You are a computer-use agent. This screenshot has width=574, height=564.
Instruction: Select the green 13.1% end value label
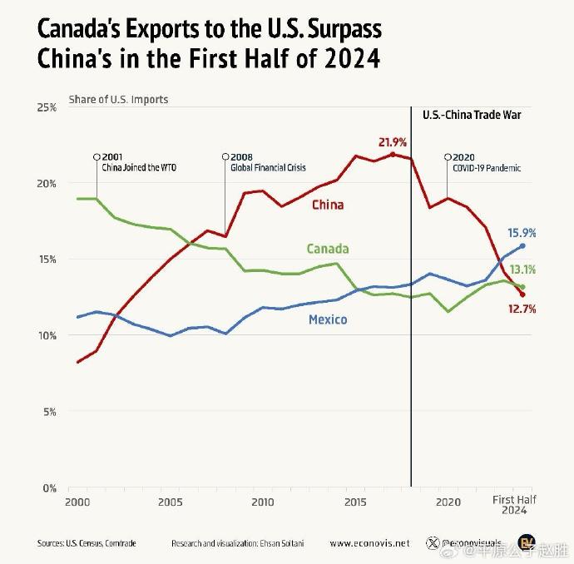(x=522, y=270)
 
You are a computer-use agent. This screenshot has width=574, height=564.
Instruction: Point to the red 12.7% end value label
(x=521, y=309)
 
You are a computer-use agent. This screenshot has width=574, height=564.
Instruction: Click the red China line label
(x=328, y=205)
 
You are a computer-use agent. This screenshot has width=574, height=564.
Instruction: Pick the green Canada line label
(x=328, y=249)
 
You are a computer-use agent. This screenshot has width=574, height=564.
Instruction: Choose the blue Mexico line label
(x=328, y=319)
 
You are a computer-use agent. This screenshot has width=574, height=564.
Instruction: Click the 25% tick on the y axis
(x=46, y=108)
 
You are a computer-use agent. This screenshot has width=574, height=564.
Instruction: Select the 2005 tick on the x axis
(x=170, y=502)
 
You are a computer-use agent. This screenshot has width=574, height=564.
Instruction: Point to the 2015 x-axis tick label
(x=355, y=502)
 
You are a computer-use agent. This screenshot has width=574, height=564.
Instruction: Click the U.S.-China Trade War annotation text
(x=472, y=115)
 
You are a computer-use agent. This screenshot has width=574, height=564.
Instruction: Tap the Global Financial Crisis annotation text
(x=268, y=167)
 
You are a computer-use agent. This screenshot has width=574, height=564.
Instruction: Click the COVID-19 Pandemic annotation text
(x=487, y=167)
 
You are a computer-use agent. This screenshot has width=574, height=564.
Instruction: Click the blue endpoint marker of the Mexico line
(x=522, y=245)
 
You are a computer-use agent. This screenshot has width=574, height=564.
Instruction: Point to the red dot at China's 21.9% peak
(x=393, y=154)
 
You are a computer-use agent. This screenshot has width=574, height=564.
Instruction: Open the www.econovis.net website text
(x=369, y=543)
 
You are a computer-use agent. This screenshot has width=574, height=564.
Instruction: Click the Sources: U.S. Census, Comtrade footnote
(x=87, y=543)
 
